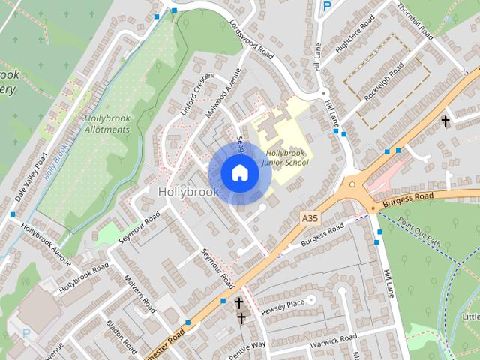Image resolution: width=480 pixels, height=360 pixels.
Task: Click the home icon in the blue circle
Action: [x=239, y=172]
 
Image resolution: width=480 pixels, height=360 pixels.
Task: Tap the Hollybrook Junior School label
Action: [x=286, y=157]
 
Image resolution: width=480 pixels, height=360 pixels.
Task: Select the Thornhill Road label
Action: [x=415, y=20]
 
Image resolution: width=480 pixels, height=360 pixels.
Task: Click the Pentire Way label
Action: [x=247, y=348]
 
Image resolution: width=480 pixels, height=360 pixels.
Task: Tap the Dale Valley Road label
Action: [x=31, y=178]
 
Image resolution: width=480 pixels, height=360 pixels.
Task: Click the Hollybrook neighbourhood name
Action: [x=188, y=192]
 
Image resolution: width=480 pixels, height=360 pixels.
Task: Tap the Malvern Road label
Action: [x=140, y=293]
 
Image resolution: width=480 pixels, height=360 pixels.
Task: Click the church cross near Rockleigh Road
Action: [x=445, y=121]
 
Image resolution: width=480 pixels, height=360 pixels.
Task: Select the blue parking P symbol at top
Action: [x=326, y=6]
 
